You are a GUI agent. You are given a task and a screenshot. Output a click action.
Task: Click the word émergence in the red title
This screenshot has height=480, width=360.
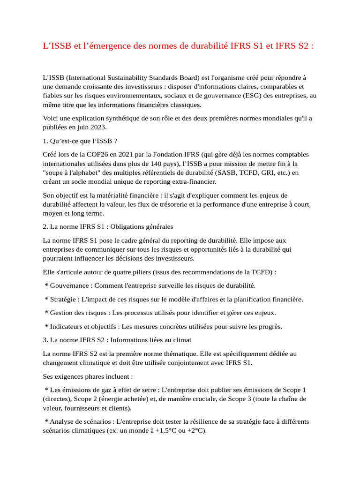[x=102, y=46]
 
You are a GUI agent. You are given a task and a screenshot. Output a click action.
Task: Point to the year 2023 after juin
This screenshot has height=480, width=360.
[x=98, y=127]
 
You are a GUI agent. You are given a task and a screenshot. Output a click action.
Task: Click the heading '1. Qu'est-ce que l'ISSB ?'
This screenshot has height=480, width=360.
[x=79, y=141]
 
